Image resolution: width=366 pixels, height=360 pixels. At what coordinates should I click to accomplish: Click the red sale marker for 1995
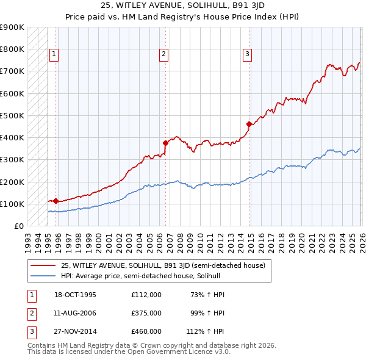click(x=56, y=201)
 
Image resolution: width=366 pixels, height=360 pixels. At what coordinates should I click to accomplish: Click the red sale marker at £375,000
click(x=165, y=143)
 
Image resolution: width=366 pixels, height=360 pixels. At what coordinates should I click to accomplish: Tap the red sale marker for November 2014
click(x=249, y=124)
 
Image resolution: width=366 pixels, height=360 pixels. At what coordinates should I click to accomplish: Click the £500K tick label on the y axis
click(x=12, y=115)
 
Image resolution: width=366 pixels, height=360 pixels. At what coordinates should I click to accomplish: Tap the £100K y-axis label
click(x=12, y=204)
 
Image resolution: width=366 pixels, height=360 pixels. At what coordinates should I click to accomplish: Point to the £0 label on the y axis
click(x=18, y=226)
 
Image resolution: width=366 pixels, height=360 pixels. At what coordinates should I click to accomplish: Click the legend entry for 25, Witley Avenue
click(x=162, y=265)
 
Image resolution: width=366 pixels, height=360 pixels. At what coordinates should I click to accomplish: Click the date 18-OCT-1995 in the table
click(x=75, y=295)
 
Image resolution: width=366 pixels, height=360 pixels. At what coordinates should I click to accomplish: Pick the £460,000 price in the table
click(x=146, y=331)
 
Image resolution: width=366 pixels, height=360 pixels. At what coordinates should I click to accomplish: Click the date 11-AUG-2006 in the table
click(x=75, y=313)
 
